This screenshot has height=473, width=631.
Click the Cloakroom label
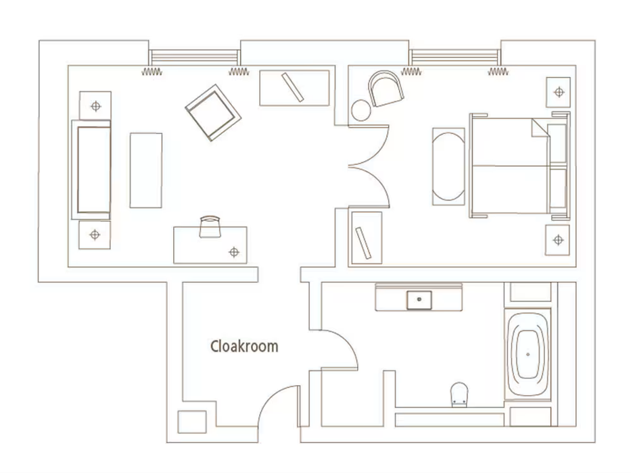(244, 346)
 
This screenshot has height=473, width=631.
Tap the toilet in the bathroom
(459, 394)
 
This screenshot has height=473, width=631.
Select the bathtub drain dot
(528, 354)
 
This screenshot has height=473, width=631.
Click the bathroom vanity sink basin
(419, 300)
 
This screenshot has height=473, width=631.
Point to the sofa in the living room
(91, 170)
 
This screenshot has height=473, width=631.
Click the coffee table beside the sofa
(145, 170)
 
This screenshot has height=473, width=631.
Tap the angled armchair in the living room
(213, 113)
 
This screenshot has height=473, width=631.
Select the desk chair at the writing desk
(210, 227)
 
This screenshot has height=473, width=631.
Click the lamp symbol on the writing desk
(234, 252)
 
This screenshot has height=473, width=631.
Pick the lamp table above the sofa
(95, 106)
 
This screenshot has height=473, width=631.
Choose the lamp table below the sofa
(95, 234)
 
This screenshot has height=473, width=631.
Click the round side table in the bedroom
(361, 110)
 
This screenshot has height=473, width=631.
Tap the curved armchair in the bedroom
(385, 89)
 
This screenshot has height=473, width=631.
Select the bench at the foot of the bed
(448, 167)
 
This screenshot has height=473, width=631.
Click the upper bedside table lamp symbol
(559, 92)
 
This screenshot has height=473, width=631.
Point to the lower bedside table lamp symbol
(558, 240)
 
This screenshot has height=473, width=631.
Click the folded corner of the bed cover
(540, 128)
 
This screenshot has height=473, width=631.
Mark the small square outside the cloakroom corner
(192, 422)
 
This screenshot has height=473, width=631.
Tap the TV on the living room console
(293, 87)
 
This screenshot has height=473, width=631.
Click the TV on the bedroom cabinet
(363, 243)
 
